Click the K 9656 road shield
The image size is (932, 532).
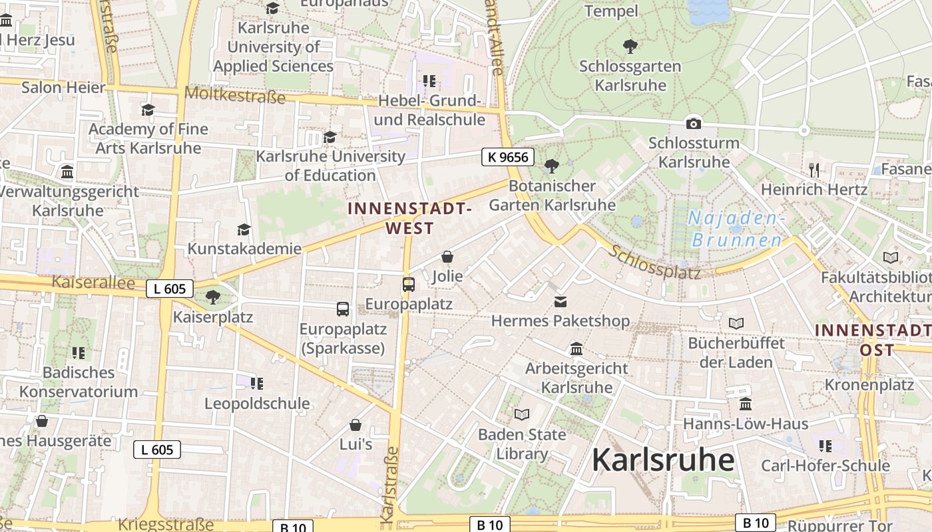click(508, 157)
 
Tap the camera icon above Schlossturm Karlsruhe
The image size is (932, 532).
click(693, 123)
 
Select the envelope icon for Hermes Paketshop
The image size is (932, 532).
click(561, 302)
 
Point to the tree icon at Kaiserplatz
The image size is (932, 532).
click(213, 297)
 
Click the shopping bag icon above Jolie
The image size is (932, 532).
click(447, 257)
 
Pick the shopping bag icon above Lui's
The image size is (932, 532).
click(355, 425)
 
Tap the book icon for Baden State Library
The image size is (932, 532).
click(522, 415)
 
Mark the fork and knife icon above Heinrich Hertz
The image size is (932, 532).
click(814, 170)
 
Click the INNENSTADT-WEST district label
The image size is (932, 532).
click(409, 218)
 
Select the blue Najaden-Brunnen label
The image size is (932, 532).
click(736, 229)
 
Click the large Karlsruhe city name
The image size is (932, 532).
click(662, 460)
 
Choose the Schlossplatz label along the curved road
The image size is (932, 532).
click(654, 262)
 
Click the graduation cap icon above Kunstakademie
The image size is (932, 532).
click(244, 229)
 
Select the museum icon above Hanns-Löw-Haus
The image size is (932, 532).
click(746, 404)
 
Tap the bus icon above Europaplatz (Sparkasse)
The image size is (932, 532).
click(343, 309)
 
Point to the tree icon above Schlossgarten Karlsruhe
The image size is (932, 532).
click(630, 47)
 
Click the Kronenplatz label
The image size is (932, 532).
click(869, 384)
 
